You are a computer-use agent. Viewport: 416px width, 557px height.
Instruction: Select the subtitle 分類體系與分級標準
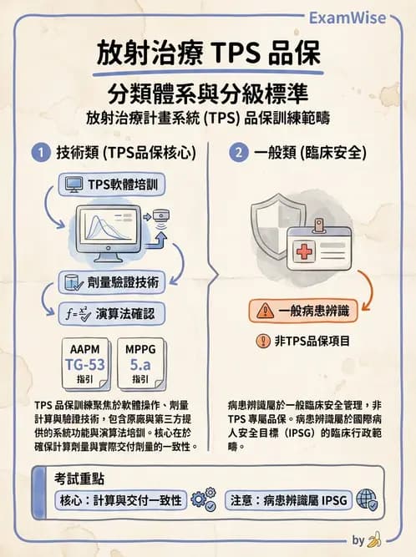[x=207, y=91]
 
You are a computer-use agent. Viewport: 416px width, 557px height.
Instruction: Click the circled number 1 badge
[x=38, y=153]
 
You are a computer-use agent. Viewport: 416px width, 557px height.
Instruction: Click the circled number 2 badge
[x=239, y=153]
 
